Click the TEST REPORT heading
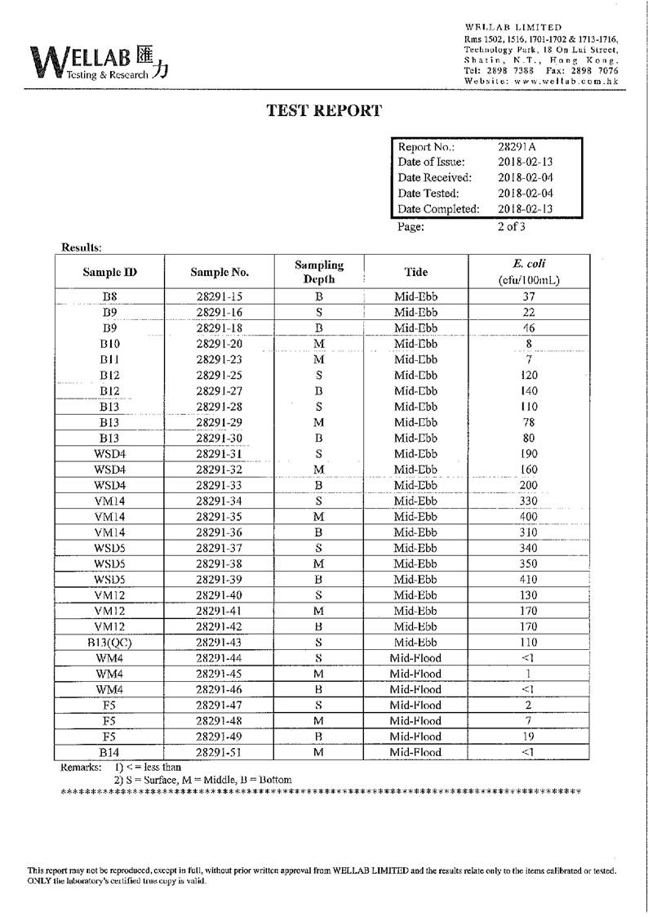pos(324,111)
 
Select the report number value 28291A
pos(517,147)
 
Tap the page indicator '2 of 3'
pos(512,227)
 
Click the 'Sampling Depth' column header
pos(319,272)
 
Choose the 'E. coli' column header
pos(528,272)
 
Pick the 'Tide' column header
pos(415,272)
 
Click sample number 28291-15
pos(220,297)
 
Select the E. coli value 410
pos(528,580)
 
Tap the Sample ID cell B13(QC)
pos(109,643)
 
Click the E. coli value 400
pos(528,517)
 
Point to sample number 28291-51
pos(220,752)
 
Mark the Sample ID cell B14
pos(109,752)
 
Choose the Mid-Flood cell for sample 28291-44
pos(415,658)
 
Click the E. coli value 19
pos(528,737)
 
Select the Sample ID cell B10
pos(109,344)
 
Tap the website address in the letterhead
pos(541,82)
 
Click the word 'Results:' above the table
pos(82,247)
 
